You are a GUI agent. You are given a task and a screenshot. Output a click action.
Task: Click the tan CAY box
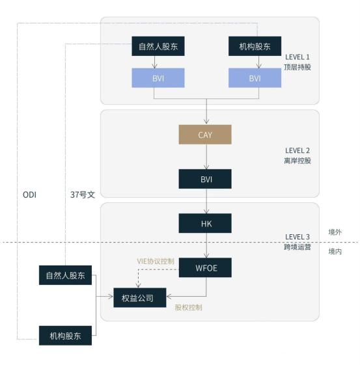(x=205, y=135)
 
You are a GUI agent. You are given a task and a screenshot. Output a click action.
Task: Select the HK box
(x=205, y=223)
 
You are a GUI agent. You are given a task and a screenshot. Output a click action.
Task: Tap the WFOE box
(x=205, y=267)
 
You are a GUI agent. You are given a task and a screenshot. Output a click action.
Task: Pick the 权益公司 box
(x=140, y=298)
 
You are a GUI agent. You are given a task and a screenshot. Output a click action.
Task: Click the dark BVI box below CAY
(x=205, y=179)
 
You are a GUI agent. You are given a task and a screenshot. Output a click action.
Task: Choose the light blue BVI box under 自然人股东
(x=158, y=77)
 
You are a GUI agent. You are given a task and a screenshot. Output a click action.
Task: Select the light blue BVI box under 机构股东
(x=255, y=77)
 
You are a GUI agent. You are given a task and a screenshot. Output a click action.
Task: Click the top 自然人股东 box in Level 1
(x=158, y=46)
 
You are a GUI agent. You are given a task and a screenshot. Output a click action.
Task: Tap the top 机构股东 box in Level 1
(x=255, y=46)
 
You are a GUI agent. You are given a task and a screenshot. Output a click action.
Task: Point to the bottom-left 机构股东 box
(x=65, y=336)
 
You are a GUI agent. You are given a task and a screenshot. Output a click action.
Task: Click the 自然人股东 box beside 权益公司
(x=65, y=275)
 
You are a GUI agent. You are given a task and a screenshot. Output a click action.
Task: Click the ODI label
(x=29, y=195)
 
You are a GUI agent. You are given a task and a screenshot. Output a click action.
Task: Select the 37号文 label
(x=83, y=195)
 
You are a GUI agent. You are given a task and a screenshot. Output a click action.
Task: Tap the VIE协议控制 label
(x=156, y=261)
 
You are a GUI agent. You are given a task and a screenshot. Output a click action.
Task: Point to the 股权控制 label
(x=188, y=307)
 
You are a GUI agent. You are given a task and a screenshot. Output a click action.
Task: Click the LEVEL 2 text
(x=298, y=150)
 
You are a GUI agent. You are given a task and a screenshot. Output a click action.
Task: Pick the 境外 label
(x=335, y=232)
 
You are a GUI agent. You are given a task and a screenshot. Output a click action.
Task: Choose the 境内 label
(x=335, y=251)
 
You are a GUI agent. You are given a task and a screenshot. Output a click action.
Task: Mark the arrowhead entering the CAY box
(x=206, y=122)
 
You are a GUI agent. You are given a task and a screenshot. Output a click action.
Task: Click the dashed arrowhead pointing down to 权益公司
(x=138, y=285)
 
